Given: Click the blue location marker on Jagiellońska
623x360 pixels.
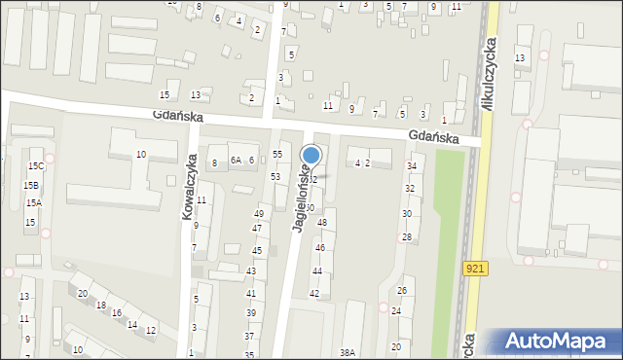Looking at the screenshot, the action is (311, 155).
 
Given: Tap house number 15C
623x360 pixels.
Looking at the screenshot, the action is (36, 167).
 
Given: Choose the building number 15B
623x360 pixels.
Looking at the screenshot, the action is (32, 185).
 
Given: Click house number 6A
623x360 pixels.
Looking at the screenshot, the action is (236, 161).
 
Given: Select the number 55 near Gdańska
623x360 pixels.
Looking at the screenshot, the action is (277, 155).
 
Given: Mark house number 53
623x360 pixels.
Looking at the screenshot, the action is (275, 176).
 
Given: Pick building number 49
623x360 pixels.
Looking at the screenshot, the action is (259, 214).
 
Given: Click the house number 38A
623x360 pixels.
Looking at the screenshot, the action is (348, 353).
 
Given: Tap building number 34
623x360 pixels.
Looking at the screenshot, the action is (411, 166).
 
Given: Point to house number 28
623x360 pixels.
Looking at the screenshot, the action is (407, 237).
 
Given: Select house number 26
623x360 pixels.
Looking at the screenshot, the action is (401, 291).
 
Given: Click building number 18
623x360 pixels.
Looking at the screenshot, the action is (101, 305).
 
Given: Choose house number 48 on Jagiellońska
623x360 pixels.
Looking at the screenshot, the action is (322, 224).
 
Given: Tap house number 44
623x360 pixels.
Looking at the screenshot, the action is (316, 271).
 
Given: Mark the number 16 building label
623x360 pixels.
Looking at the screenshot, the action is (117, 313).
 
